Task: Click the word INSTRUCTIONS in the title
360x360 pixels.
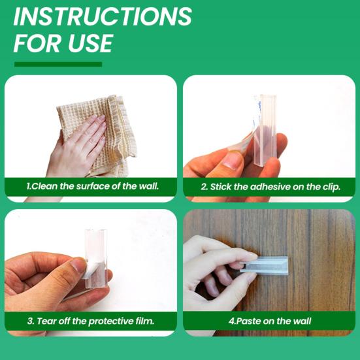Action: (103, 16)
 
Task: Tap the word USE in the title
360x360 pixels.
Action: (90, 43)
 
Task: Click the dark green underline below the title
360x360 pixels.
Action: (58, 64)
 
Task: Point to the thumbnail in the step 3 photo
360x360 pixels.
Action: (76, 267)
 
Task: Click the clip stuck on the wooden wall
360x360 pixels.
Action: (263, 265)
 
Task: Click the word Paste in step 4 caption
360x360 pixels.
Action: (248, 321)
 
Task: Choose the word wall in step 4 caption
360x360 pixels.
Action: (303, 321)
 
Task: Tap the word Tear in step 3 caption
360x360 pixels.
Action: (46, 321)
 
